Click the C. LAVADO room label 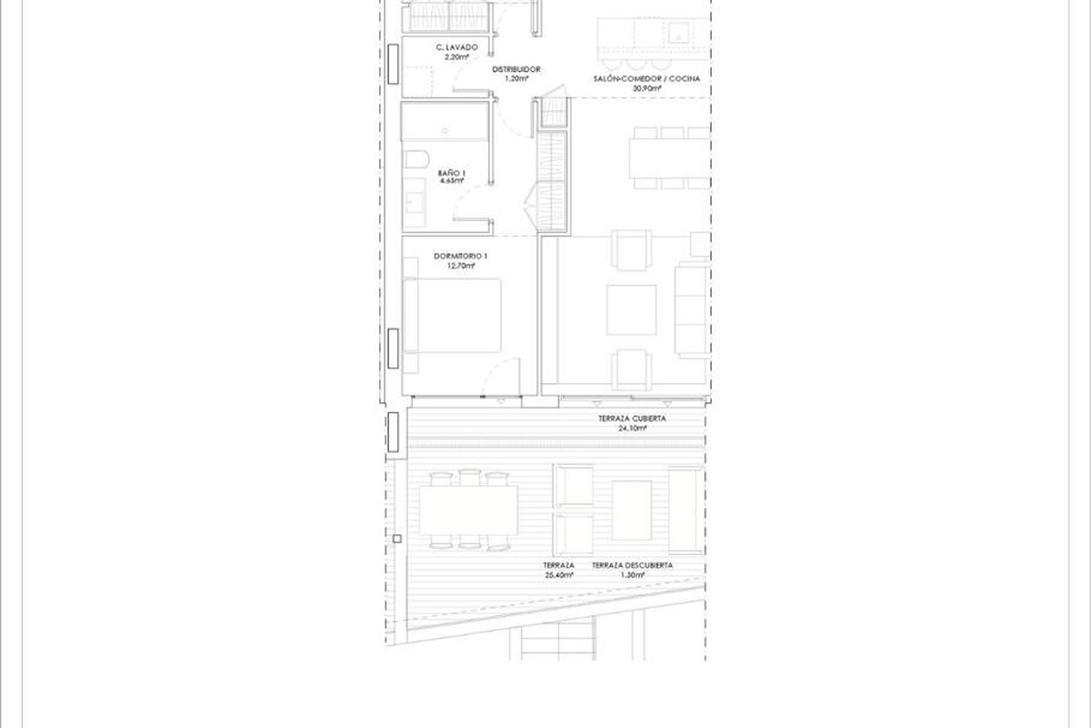(456, 47)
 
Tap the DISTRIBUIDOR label (515, 69)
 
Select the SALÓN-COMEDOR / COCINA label (646, 78)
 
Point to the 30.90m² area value (646, 88)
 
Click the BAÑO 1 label (452, 173)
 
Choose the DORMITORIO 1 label (460, 256)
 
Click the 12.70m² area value (461, 266)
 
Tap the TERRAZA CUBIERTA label (632, 419)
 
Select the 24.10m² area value (632, 428)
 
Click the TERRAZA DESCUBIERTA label (632, 565)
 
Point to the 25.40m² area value (558, 575)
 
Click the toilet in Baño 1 (416, 159)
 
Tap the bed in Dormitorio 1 (452, 316)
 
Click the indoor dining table (669, 158)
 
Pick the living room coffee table (631, 310)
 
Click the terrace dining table (468, 510)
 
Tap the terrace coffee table (632, 510)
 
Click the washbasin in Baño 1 (414, 203)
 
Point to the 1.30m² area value (632, 575)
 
